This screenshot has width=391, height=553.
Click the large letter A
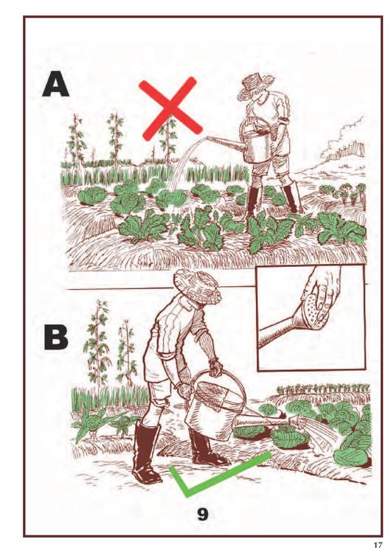pyautogui.click(x=55, y=84)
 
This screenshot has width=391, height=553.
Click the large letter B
pyautogui.click(x=56, y=337)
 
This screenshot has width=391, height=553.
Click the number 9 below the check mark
pyautogui.click(x=202, y=515)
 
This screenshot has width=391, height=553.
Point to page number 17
pyautogui.click(x=378, y=545)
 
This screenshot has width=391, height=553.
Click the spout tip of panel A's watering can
pyautogui.click(x=209, y=138)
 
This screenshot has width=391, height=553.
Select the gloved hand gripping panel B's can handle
pyautogui.click(x=215, y=366)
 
